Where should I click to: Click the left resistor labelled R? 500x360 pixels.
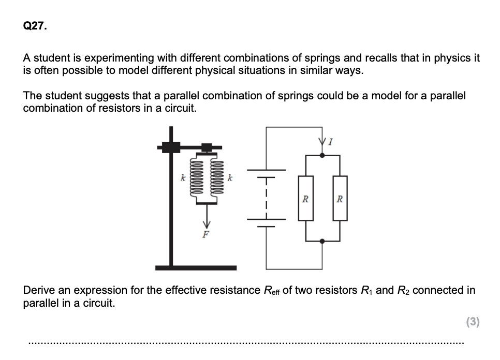[306, 198]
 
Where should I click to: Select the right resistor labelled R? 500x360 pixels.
[340, 198]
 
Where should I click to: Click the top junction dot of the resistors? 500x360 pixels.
[323, 154]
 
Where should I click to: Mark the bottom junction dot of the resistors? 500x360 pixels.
[323, 241]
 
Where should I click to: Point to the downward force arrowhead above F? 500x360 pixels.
[207, 223]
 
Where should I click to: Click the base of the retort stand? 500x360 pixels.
[196, 267]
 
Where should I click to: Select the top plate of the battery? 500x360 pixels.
[267, 170]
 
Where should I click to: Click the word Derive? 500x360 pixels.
[39, 290]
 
